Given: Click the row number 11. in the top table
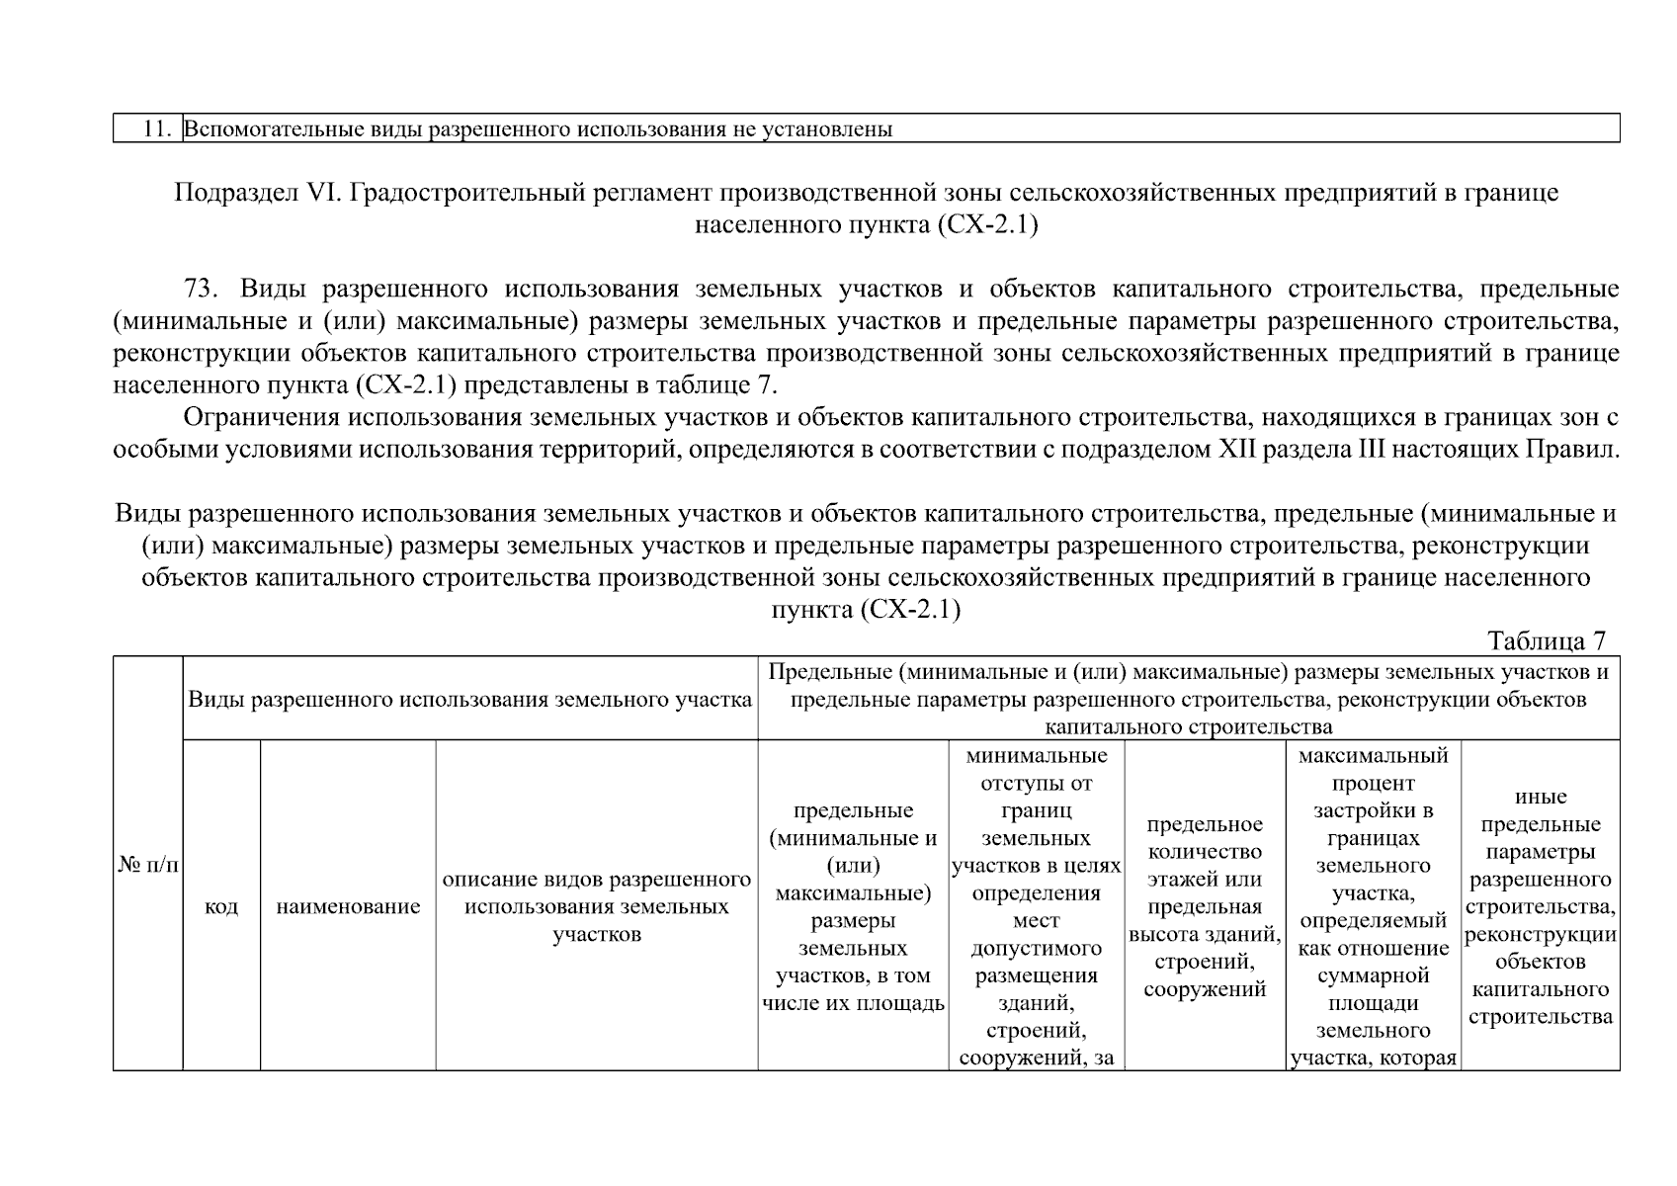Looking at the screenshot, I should click(x=158, y=129).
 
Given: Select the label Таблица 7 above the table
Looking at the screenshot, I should click(x=1547, y=641).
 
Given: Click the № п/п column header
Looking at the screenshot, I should click(x=147, y=865).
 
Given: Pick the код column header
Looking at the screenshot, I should click(x=221, y=906).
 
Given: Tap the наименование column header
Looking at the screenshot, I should click(x=348, y=906).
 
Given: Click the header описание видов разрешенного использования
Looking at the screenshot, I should click(x=596, y=906).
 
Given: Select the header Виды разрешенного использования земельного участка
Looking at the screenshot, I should click(x=469, y=700).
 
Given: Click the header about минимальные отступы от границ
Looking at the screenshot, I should click(x=1036, y=906).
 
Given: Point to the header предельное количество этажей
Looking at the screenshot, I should click(x=1204, y=906).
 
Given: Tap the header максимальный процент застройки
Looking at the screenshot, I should click(x=1373, y=906).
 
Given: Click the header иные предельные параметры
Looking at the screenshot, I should click(x=1540, y=906).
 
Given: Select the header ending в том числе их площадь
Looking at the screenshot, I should click(x=853, y=906).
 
